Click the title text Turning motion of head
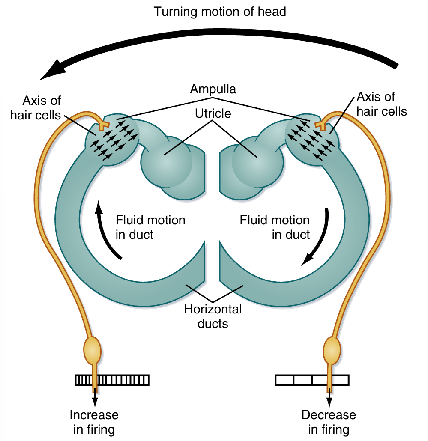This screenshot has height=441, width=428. click(220, 12)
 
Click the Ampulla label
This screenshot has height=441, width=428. click(213, 89)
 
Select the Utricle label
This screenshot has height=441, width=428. click(213, 113)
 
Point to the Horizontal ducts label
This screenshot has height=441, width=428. click(213, 316)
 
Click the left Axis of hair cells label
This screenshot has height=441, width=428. click(42, 108)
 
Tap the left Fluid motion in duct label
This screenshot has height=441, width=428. click(150, 227)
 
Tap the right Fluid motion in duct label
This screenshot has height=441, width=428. click(274, 227)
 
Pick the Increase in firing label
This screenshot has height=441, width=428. click(94, 422)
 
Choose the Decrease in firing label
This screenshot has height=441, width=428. click(329, 422)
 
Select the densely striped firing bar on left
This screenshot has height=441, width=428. click(112, 380)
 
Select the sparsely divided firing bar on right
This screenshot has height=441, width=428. click(311, 380)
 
